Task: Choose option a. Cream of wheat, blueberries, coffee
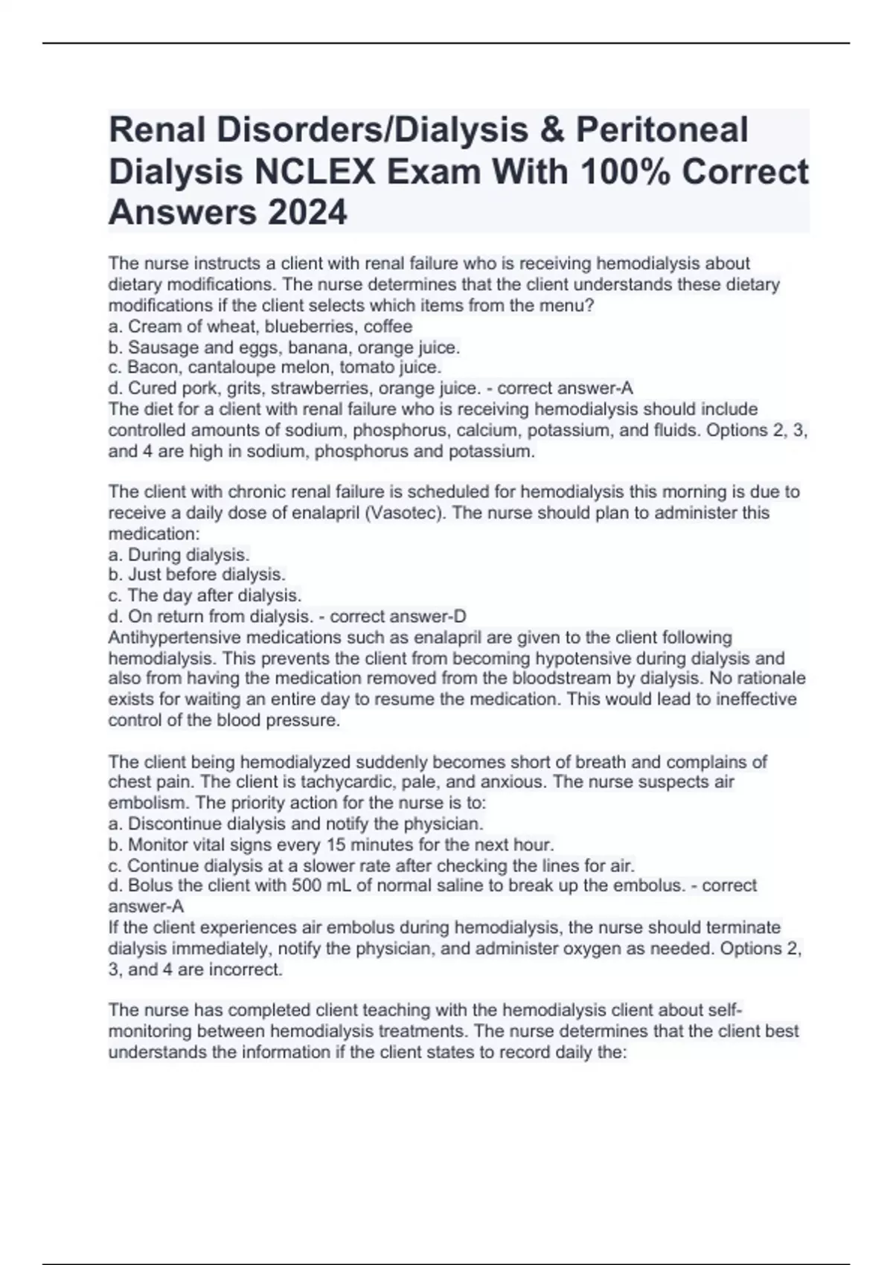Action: pyautogui.click(x=260, y=327)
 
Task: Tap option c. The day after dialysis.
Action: pyautogui.click(x=205, y=596)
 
